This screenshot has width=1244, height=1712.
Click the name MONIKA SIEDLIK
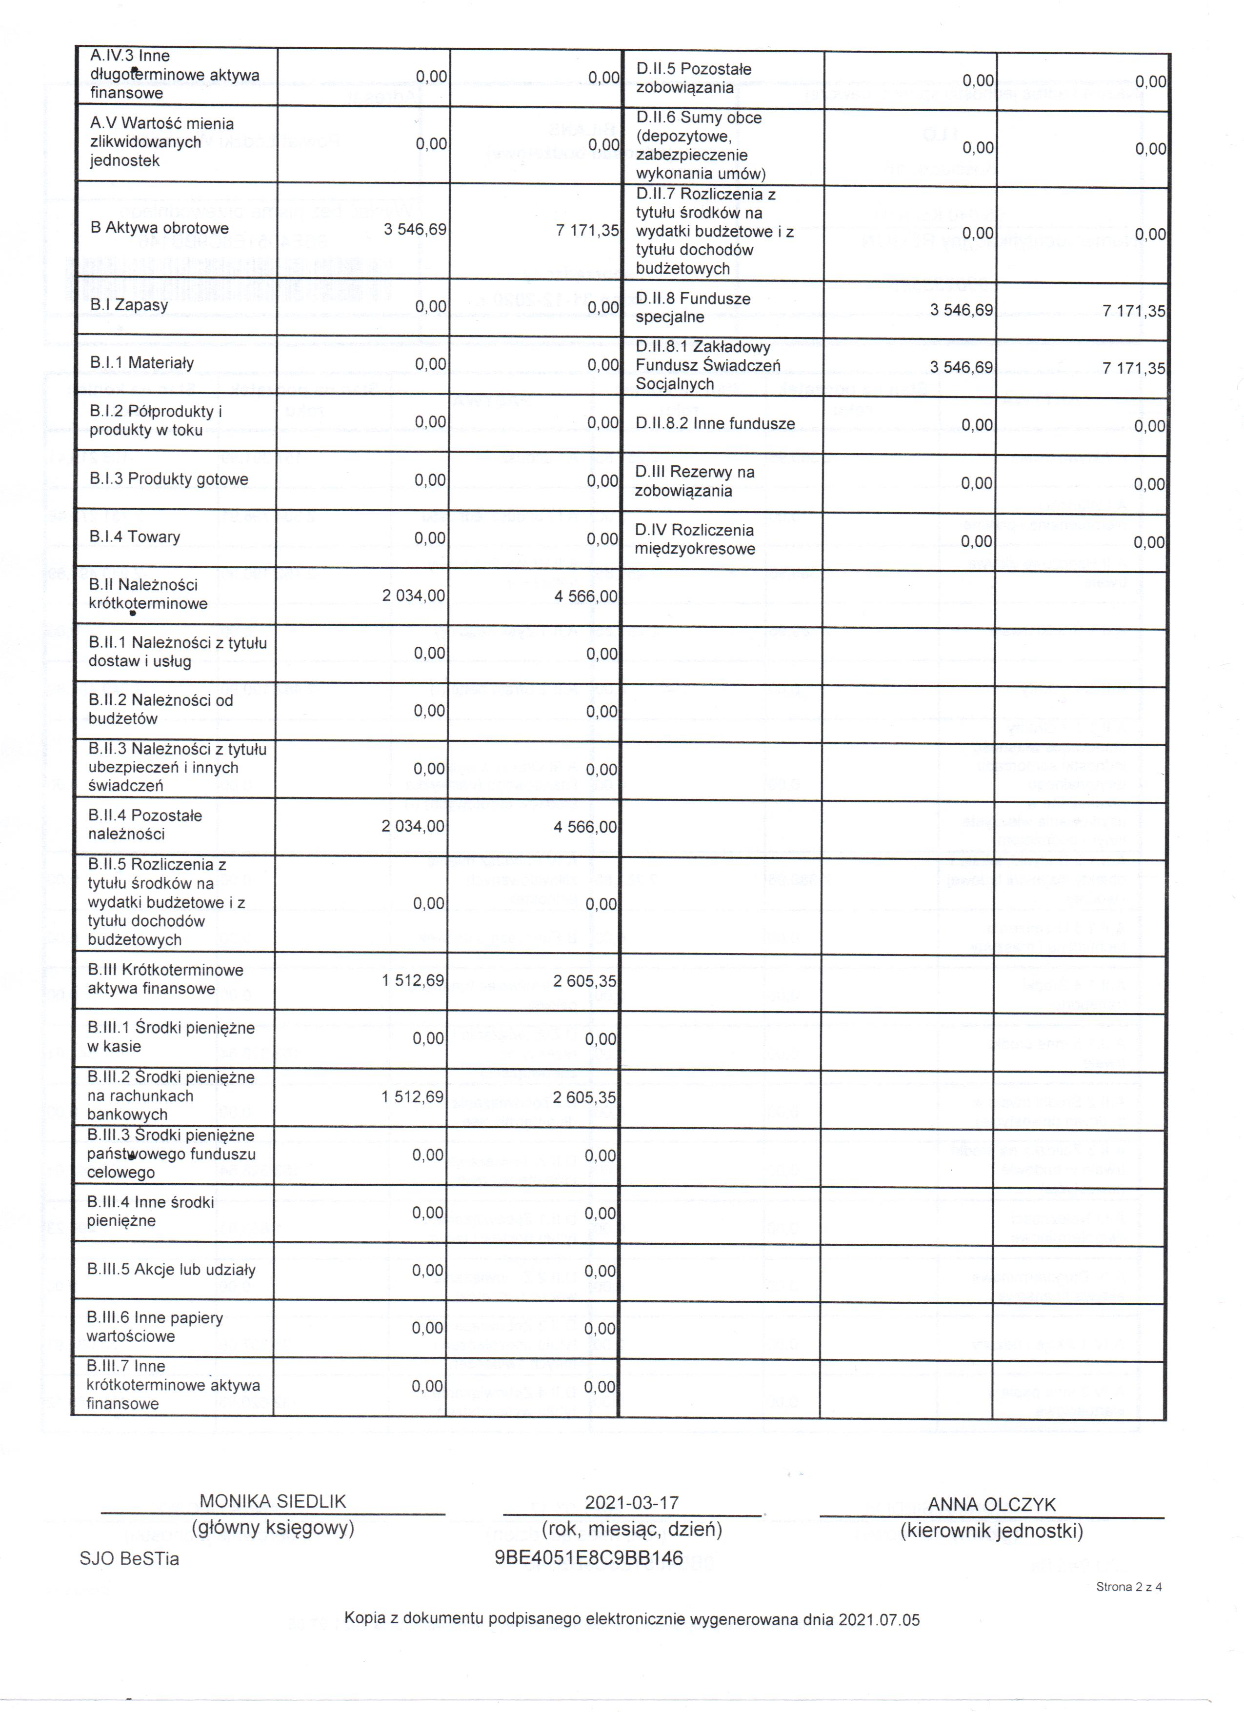pyautogui.click(x=273, y=1501)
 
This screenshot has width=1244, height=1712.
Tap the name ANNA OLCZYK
pyautogui.click(x=991, y=1504)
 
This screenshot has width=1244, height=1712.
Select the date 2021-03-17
pyautogui.click(x=632, y=1502)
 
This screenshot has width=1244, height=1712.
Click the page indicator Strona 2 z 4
pyautogui.click(x=1128, y=1587)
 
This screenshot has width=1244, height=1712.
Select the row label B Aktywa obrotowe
pyautogui.click(x=159, y=228)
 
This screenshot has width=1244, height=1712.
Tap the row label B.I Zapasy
pyautogui.click(x=128, y=305)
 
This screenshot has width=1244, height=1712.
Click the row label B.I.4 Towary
pyautogui.click(x=134, y=537)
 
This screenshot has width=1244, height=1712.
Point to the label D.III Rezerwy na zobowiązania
pyautogui.click(x=695, y=481)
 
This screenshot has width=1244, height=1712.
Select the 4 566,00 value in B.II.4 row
pyautogui.click(x=585, y=827)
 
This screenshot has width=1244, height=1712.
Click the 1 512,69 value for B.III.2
pyautogui.click(x=413, y=1096)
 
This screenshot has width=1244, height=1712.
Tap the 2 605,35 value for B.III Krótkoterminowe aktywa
pyautogui.click(x=584, y=981)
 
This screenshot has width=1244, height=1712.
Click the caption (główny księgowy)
pyautogui.click(x=273, y=1528)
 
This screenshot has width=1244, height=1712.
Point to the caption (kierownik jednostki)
pyautogui.click(x=991, y=1531)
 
